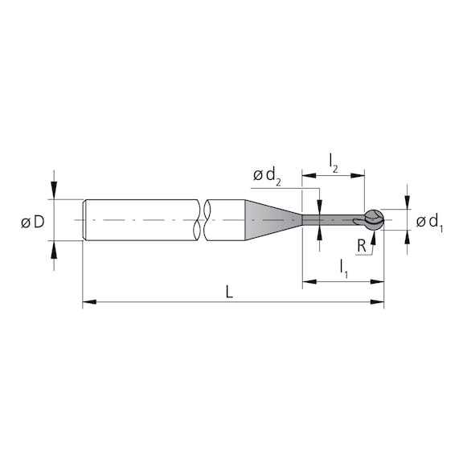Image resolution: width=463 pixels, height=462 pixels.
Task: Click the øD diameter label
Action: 32,222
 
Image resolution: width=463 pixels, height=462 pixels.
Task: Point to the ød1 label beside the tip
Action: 429,222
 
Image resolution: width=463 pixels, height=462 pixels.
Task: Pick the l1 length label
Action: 343,265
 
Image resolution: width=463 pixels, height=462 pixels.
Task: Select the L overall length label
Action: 229,292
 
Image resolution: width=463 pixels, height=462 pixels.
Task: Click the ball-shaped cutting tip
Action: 374,219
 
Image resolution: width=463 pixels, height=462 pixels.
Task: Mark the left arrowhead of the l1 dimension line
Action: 308,282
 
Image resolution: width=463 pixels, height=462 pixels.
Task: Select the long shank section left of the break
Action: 141,219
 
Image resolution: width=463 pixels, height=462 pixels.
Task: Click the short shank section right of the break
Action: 225,219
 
